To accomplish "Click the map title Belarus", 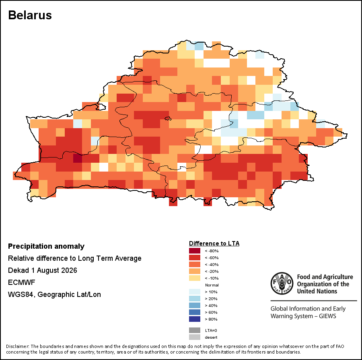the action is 30,15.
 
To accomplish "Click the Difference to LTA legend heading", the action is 214,243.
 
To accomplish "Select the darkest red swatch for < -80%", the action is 195,251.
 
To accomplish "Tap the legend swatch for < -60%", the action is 195,258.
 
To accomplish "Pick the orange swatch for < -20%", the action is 195,271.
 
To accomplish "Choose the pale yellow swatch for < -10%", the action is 195,278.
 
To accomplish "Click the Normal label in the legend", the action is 212,285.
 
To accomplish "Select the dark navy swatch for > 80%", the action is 195,319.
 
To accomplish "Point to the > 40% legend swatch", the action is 195,306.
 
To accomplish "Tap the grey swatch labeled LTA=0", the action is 195,331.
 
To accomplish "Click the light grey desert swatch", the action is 195,337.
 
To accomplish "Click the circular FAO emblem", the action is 282,283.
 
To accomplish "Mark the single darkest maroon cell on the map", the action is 78,158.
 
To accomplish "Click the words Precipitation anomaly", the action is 46,246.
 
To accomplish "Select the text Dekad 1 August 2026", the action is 43,270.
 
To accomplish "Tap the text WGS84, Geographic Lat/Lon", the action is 54,295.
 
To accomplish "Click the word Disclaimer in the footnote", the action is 17,346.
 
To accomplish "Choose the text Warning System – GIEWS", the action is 303,316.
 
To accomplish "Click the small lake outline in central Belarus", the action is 168,119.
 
